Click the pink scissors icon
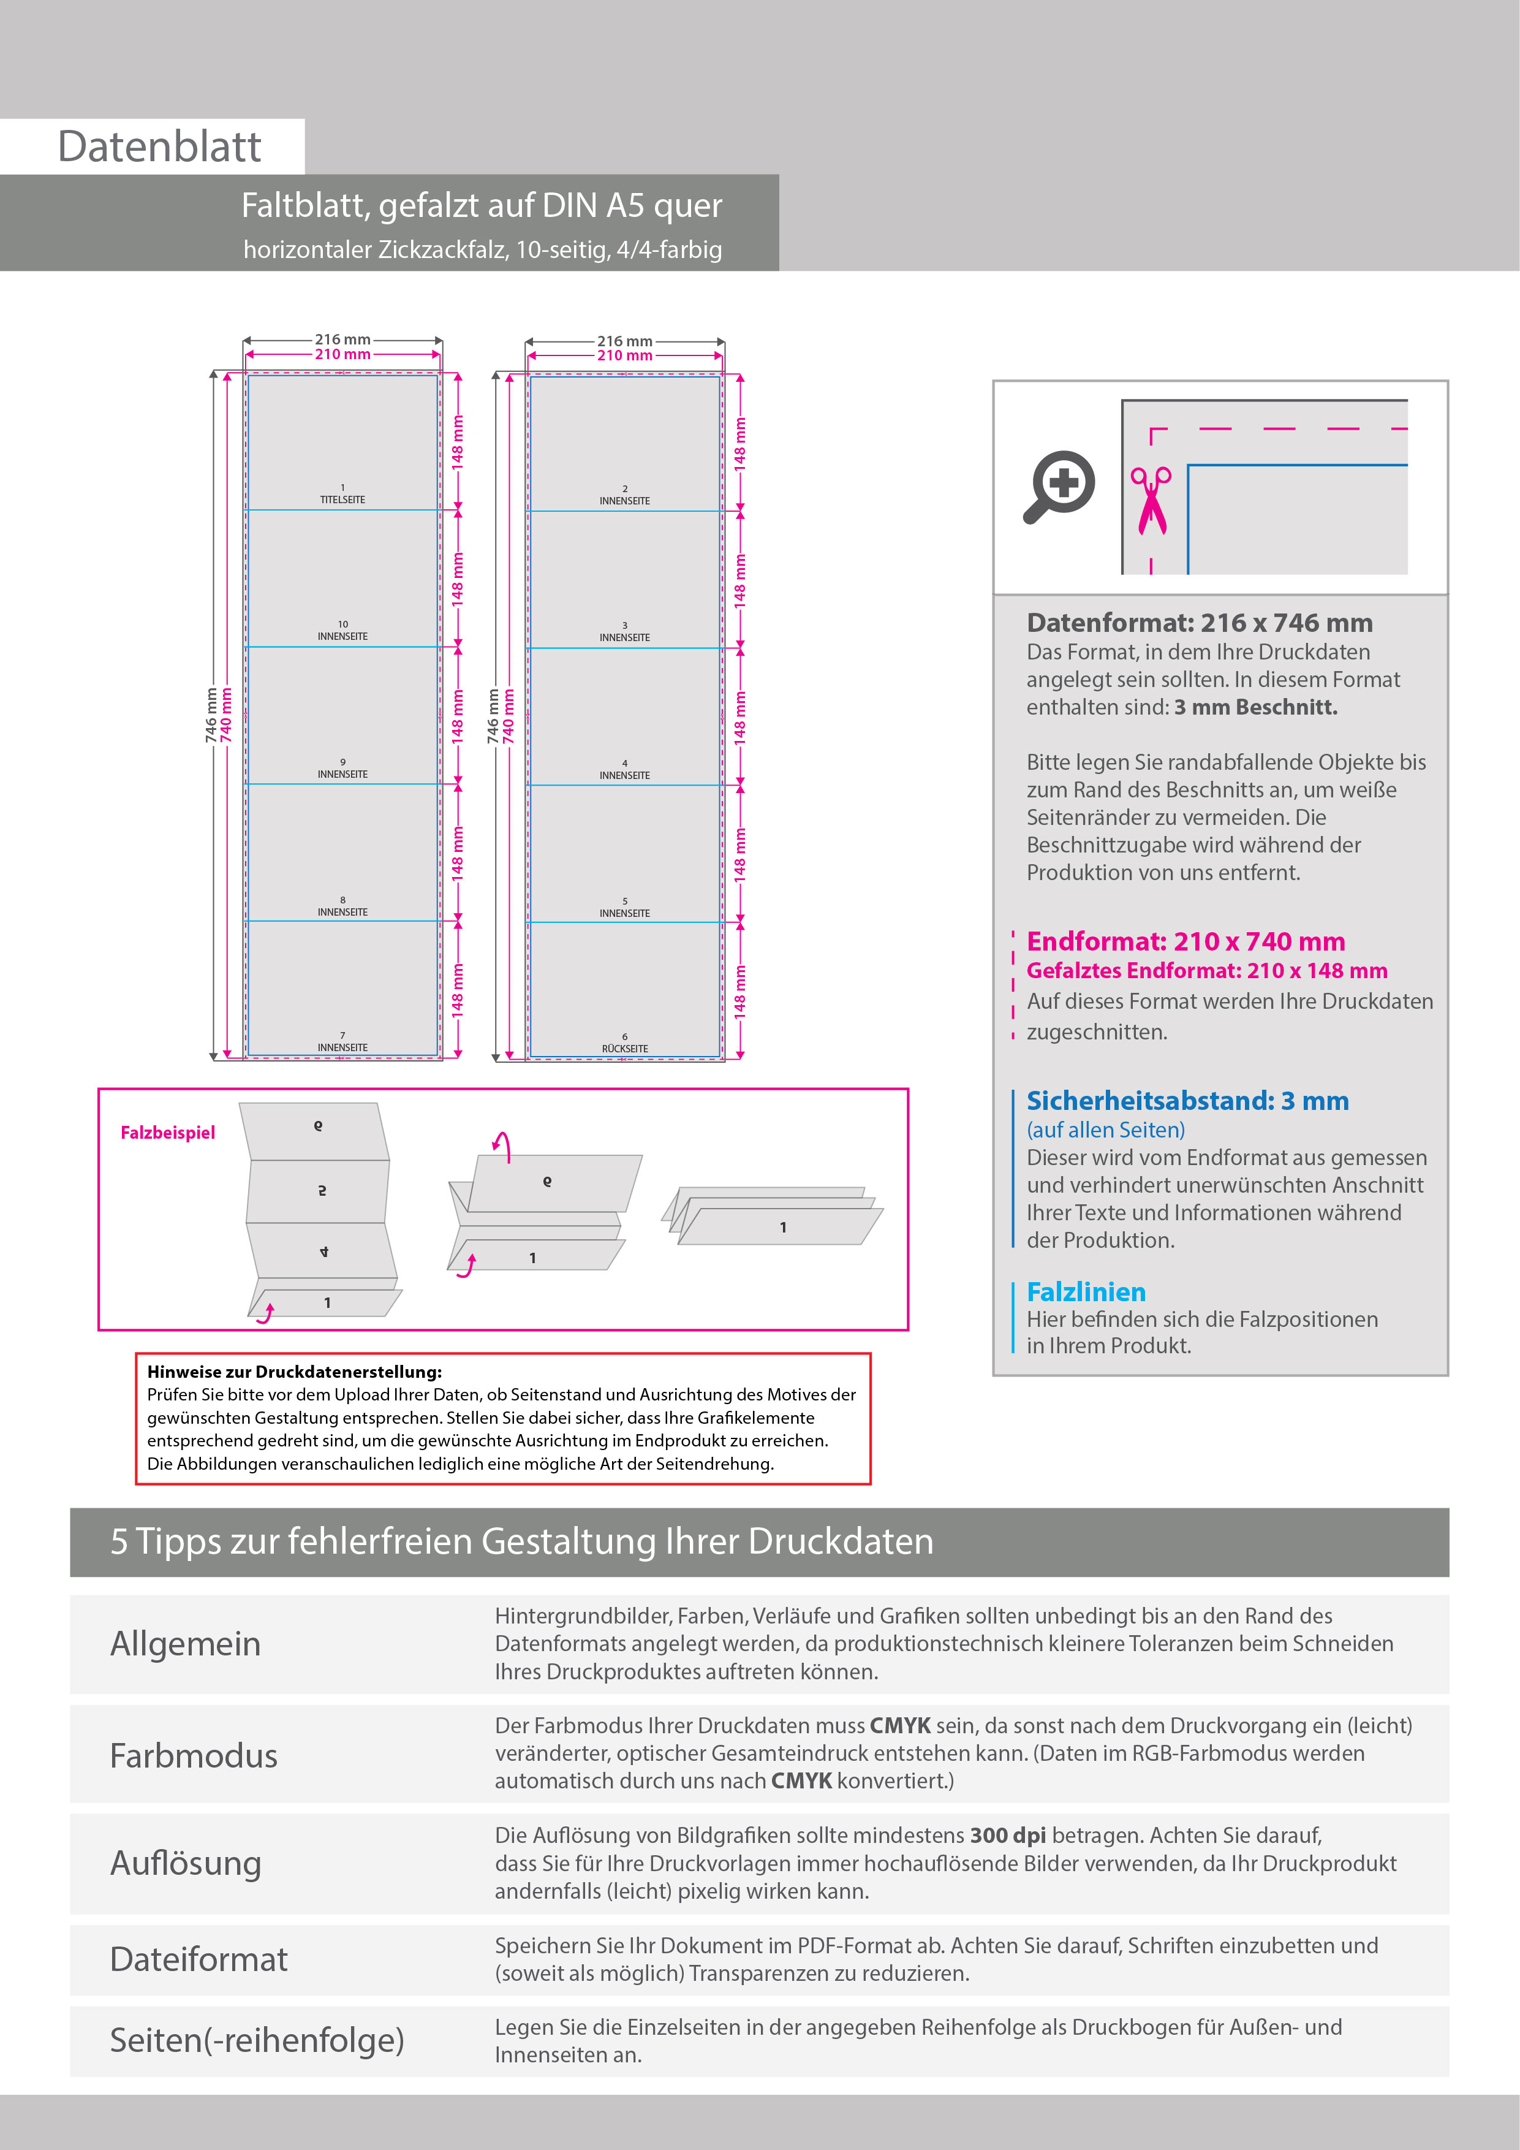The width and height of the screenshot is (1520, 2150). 1151,501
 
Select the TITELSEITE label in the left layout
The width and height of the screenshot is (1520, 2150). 342,499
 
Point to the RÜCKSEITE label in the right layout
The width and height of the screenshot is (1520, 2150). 624,1049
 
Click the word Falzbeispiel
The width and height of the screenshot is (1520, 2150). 167,1132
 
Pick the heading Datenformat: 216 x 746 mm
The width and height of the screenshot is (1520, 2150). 1199,623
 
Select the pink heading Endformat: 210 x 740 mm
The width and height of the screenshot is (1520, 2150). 1185,941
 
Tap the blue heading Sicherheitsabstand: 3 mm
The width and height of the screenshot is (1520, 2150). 1187,1100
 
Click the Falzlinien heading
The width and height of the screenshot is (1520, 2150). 1086,1291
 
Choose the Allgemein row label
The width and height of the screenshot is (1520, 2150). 185,1643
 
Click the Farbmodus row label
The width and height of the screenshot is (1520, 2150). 194,1755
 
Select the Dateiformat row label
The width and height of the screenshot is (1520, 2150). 199,1958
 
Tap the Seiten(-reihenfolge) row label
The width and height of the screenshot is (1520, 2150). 257,2040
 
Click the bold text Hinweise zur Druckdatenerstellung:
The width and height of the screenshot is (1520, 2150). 294,1372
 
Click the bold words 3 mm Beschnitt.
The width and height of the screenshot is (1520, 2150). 1255,707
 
